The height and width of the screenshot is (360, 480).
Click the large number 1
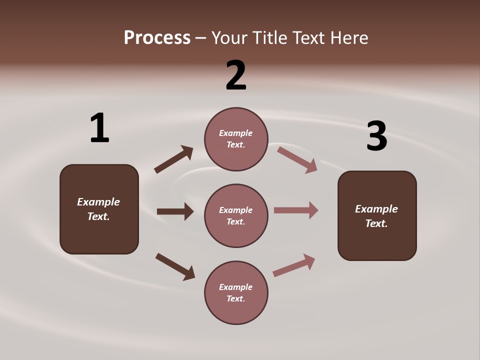[99, 128]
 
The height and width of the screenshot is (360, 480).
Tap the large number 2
[236, 75]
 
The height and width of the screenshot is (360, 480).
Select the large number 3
[376, 136]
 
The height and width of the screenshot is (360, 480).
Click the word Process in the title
[157, 37]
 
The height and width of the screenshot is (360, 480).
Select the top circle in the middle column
[236, 139]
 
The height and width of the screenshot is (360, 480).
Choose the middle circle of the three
[236, 215]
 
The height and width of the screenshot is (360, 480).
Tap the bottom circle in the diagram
[236, 292]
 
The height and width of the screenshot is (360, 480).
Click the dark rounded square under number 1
[99, 209]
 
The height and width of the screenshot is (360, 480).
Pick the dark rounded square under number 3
[377, 215]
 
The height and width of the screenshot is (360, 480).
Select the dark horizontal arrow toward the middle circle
[175, 211]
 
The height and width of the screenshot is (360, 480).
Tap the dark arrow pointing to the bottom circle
[175, 266]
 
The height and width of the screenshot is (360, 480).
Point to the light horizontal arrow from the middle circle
[296, 210]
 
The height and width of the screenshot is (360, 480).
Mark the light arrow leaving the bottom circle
[294, 265]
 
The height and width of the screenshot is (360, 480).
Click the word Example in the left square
[98, 202]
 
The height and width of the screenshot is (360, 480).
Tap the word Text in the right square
[376, 223]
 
